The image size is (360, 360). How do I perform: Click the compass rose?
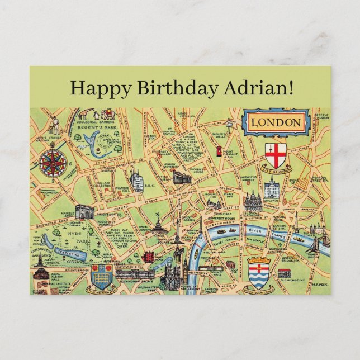(54, 163)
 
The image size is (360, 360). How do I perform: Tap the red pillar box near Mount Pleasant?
(218, 152)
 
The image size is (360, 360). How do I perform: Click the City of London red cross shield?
(276, 153)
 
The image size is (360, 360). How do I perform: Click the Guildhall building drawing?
(272, 188)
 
